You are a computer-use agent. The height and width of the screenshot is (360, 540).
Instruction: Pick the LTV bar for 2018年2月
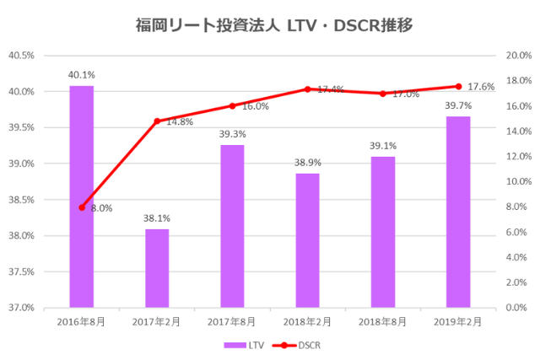click(308, 240)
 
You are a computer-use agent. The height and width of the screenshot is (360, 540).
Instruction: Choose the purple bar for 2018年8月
click(383, 232)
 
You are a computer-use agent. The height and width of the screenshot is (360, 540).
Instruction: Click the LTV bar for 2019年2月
click(458, 212)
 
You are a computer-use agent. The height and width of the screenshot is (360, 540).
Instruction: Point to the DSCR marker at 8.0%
click(82, 207)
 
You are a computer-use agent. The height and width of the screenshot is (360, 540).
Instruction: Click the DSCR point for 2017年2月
click(157, 121)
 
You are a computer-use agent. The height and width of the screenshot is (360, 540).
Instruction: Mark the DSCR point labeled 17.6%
click(458, 86)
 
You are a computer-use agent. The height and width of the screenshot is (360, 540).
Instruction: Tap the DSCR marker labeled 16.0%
click(232, 106)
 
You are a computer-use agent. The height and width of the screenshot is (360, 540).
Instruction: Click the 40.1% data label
click(81, 74)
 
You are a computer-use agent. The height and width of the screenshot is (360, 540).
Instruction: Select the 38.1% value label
click(157, 218)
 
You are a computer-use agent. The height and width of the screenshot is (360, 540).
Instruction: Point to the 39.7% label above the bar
click(458, 105)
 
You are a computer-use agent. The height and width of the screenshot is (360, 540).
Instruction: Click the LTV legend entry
click(246, 345)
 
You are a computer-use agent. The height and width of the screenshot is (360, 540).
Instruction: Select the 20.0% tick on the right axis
click(517, 56)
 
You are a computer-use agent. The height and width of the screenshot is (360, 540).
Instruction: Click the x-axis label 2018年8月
click(383, 321)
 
